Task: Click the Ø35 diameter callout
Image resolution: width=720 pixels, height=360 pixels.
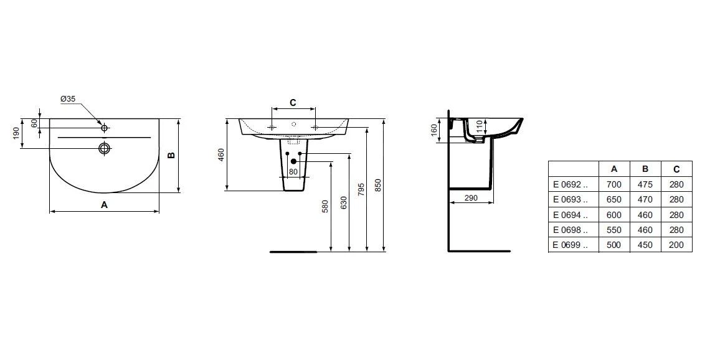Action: coord(68,99)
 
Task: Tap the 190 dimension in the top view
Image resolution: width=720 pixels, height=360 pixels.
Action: coord(16,133)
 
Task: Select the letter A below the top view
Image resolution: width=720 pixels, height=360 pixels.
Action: coord(104,204)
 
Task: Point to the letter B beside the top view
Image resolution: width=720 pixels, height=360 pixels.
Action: coord(172,155)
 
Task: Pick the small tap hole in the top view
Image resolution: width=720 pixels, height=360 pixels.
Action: coord(105,128)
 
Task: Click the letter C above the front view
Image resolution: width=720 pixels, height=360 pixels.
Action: coord(293,102)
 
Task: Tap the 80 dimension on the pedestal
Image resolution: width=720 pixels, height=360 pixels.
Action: coord(293,172)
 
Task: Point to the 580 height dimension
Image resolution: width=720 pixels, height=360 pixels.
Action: coord(324,206)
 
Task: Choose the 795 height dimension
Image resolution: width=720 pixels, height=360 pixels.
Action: coord(361,190)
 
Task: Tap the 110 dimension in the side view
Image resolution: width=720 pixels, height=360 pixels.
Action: coord(478,127)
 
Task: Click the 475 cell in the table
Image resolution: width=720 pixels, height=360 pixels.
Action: coord(645,184)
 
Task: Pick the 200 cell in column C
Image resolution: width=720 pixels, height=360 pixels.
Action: coord(676,245)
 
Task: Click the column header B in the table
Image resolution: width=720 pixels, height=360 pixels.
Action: coord(645,169)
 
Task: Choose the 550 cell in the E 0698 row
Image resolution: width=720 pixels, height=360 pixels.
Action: coord(614,230)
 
